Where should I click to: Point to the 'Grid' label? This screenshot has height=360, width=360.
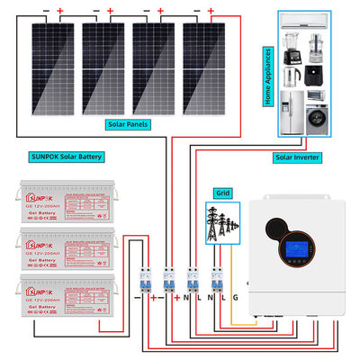[x=222, y=193]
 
